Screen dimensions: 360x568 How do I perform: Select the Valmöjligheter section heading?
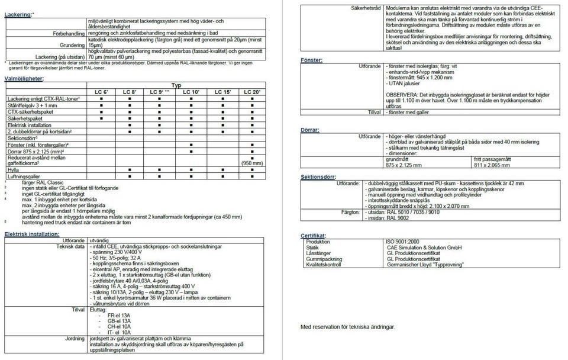coord(25,79)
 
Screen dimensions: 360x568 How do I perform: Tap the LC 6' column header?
coord(102,92)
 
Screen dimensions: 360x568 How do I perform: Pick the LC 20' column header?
coord(253,92)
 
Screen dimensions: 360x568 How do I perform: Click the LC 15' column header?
coord(223,92)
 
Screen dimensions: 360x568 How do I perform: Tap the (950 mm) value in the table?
coord(252,164)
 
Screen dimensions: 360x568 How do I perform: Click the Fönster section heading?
coord(311,60)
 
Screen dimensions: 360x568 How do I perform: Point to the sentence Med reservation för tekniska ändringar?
coord(347,326)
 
